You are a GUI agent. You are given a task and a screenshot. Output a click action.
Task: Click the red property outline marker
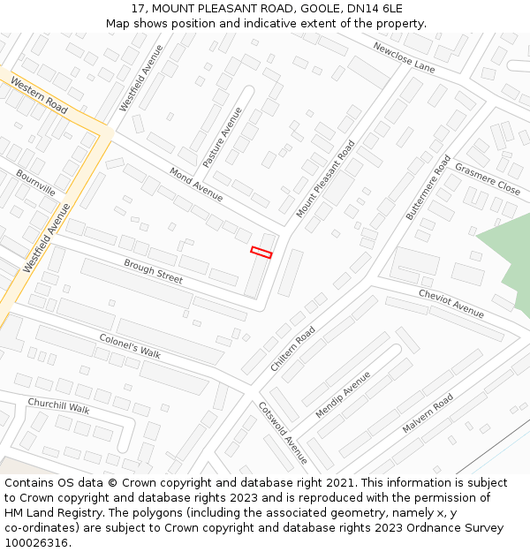pos(261,253)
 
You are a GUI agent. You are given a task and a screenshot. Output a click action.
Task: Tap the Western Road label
pos(39,95)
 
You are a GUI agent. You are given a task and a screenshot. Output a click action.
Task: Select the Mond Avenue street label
pos(196,185)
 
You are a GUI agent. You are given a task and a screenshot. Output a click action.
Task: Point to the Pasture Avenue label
pos(223,138)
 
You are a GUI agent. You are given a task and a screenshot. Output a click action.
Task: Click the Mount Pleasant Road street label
pos(325,178)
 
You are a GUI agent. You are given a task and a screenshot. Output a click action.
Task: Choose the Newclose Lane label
pos(404,57)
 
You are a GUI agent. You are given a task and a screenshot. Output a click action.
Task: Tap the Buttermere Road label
pos(428,187)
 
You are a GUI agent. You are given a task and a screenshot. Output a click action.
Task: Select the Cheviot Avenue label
pos(451,303)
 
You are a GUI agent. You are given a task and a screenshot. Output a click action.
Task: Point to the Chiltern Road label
pos(293,348)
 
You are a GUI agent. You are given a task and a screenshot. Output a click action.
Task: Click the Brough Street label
pos(153,271)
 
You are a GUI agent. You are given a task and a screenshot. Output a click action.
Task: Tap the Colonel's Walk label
pos(130,345)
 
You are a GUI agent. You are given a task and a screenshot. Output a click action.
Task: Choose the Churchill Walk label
pos(58,407)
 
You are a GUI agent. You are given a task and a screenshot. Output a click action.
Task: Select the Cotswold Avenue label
pos(283,433)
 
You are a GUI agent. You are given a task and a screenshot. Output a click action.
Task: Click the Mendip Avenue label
pos(344,395)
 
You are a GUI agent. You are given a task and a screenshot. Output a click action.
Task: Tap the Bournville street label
pos(35,183)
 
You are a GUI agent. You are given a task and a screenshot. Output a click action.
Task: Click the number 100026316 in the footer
pos(36,542)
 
